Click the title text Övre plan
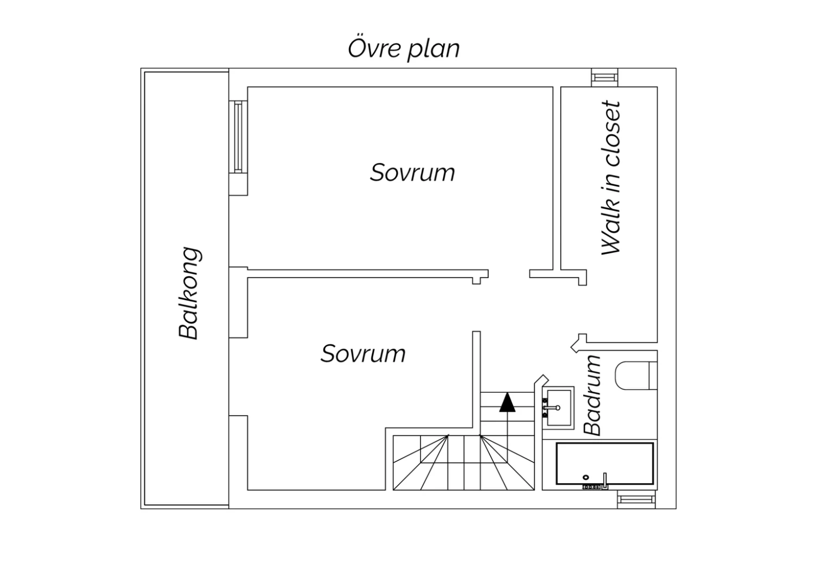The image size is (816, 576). point(404,49)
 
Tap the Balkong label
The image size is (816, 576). point(189,293)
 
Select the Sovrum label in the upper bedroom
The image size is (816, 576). point(412,172)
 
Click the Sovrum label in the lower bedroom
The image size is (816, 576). point(363,354)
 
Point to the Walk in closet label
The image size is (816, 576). point(610,178)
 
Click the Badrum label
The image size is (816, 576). point(592,395)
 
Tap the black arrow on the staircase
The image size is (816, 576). point(507,402)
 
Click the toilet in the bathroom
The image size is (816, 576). point(636,375)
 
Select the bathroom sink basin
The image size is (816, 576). point(558,408)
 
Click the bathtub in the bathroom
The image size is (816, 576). point(605,464)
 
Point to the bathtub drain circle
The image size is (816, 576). point(586,477)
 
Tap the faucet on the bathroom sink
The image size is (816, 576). point(552,408)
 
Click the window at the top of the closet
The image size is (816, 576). point(605,78)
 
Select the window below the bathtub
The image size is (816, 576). point(636,499)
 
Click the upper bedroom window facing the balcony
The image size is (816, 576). point(238,136)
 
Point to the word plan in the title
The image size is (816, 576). point(434,50)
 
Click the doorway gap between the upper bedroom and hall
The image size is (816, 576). point(509,274)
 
